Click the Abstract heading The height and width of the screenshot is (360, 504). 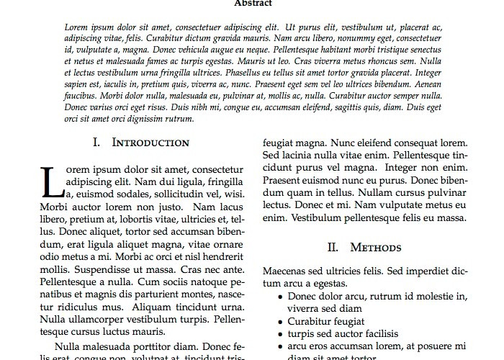point(252,3)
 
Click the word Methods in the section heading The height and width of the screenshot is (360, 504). point(375,247)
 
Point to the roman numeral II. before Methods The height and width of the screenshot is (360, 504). point(333,247)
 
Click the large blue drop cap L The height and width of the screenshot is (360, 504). point(51,182)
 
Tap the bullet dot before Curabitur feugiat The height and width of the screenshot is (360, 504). point(279,321)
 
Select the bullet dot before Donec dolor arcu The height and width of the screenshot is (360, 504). point(279,296)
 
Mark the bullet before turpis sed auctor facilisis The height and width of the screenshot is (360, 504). point(279,334)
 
